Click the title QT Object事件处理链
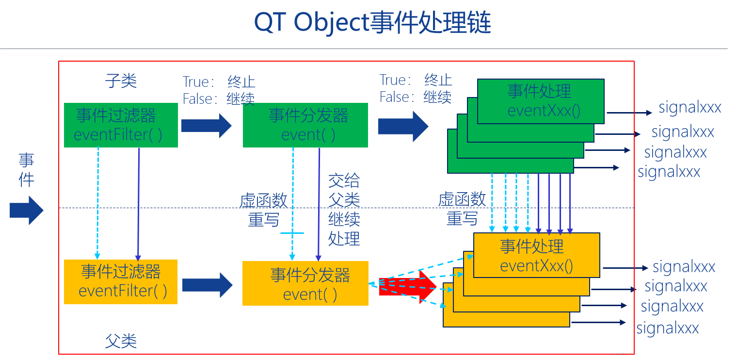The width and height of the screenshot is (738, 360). tap(372, 23)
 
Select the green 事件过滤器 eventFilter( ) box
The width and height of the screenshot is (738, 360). tap(121, 125)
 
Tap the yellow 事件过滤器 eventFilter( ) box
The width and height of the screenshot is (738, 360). tap(121, 281)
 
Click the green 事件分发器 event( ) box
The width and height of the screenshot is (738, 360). tap(305, 125)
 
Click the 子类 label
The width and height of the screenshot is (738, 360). tap(121, 81)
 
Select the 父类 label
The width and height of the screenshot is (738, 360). tap(121, 341)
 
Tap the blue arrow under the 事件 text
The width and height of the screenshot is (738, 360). tap(27, 211)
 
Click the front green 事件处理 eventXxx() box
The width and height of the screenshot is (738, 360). tap(541, 101)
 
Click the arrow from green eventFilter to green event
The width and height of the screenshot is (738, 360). tap(207, 125)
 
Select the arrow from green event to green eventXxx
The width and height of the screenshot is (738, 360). tap(403, 125)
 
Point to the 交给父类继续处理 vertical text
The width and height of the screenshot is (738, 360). tap(344, 210)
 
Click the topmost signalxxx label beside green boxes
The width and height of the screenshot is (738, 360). tap(690, 107)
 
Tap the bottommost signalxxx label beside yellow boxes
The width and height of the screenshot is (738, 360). tap(667, 328)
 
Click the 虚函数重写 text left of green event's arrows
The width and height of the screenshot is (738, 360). tap(263, 210)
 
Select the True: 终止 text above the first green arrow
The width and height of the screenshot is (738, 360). tap(219, 81)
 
